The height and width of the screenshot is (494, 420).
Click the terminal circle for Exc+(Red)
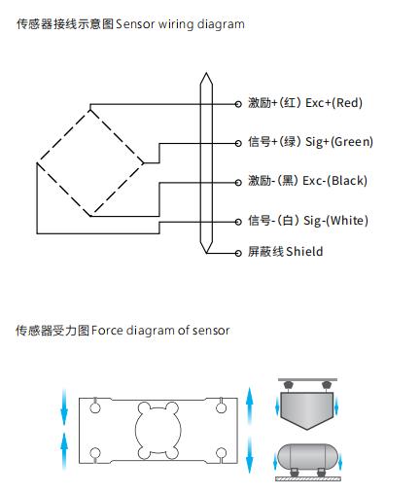coord(238,104)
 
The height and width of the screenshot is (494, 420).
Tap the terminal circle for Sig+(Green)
coord(238,143)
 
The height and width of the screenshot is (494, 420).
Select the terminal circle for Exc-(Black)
coord(238,183)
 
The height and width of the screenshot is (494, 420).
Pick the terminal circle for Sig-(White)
coord(238,222)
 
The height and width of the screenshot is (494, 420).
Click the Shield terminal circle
coord(238,253)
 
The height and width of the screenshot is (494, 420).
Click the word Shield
coord(304,252)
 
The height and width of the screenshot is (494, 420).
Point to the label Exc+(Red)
coord(333,103)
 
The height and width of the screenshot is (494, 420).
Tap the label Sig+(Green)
coord(339,142)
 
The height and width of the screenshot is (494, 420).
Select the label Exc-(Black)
coord(334,181)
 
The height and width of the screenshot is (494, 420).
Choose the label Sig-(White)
coord(335,221)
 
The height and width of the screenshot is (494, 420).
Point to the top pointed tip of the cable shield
coord(206,73)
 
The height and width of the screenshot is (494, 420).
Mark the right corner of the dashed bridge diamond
coord(144,163)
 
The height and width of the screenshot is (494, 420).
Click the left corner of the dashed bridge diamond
coord(37,163)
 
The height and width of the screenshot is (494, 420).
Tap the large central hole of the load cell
coord(157,431)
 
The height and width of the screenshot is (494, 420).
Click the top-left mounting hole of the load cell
coord(95,407)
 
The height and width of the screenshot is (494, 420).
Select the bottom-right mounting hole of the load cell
coord(221,453)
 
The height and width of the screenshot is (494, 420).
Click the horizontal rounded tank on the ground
coord(307,456)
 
